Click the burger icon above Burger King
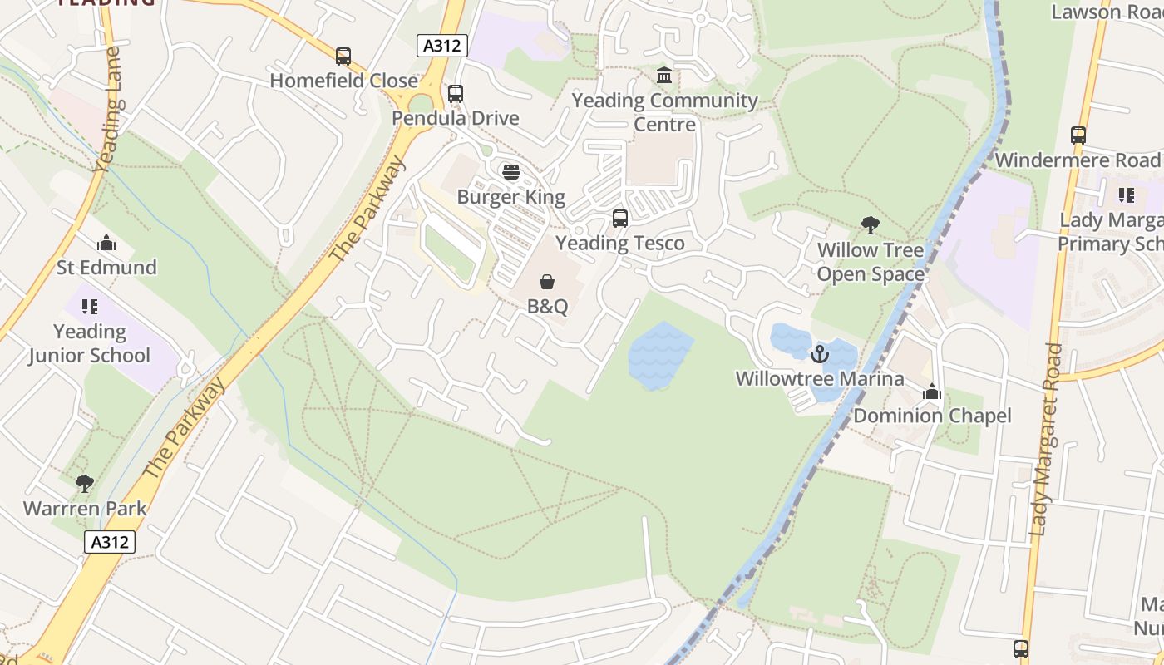[x=511, y=172]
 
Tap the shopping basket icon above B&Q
[x=547, y=283]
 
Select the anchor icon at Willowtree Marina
[x=820, y=354]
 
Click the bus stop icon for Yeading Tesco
[x=620, y=219]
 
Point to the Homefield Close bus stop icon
[x=343, y=57]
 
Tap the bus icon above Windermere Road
[x=1078, y=135]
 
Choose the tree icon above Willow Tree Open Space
[x=871, y=224]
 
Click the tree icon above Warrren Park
[x=84, y=483]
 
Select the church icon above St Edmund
[x=106, y=244]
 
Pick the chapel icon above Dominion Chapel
[x=932, y=392]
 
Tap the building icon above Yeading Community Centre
[x=664, y=76]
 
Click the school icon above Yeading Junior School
[x=90, y=307]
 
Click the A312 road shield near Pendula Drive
[x=441, y=46]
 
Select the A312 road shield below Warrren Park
[x=110, y=542]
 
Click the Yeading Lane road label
[x=109, y=108]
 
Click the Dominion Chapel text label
[x=932, y=416]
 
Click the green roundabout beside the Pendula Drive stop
[x=422, y=104]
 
